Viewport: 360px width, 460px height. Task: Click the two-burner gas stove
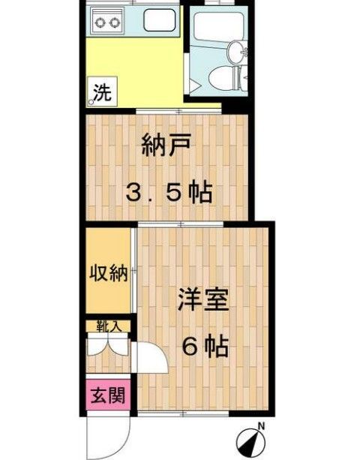tap(107, 23)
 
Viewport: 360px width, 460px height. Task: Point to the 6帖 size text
tap(205, 347)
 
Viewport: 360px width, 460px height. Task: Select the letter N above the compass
tap(262, 426)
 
